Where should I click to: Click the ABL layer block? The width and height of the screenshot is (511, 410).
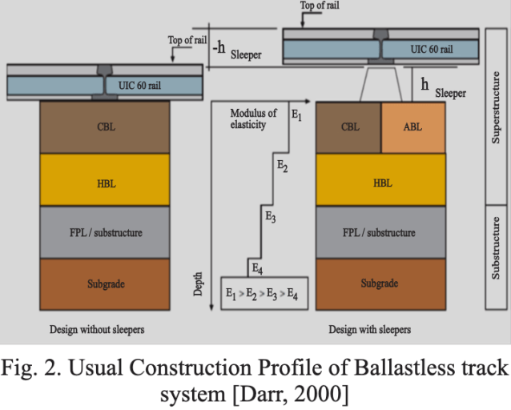tap(412, 127)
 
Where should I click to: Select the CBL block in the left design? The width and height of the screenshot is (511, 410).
tap(105, 127)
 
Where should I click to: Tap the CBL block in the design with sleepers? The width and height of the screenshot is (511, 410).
tap(349, 127)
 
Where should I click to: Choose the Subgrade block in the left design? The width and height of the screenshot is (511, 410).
tap(105, 283)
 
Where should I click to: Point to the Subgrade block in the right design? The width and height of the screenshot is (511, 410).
tap(381, 283)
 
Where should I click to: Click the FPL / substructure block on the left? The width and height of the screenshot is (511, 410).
tap(105, 232)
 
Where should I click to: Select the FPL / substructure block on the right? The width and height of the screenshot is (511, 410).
tap(381, 232)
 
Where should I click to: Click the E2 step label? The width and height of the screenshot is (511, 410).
tap(282, 167)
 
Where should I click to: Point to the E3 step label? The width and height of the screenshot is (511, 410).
tap(270, 216)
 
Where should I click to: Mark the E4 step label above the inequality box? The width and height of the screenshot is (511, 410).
tap(256, 267)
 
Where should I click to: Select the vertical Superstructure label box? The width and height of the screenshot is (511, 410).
tap(497, 116)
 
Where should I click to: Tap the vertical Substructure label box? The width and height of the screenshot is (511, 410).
tap(497, 257)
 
